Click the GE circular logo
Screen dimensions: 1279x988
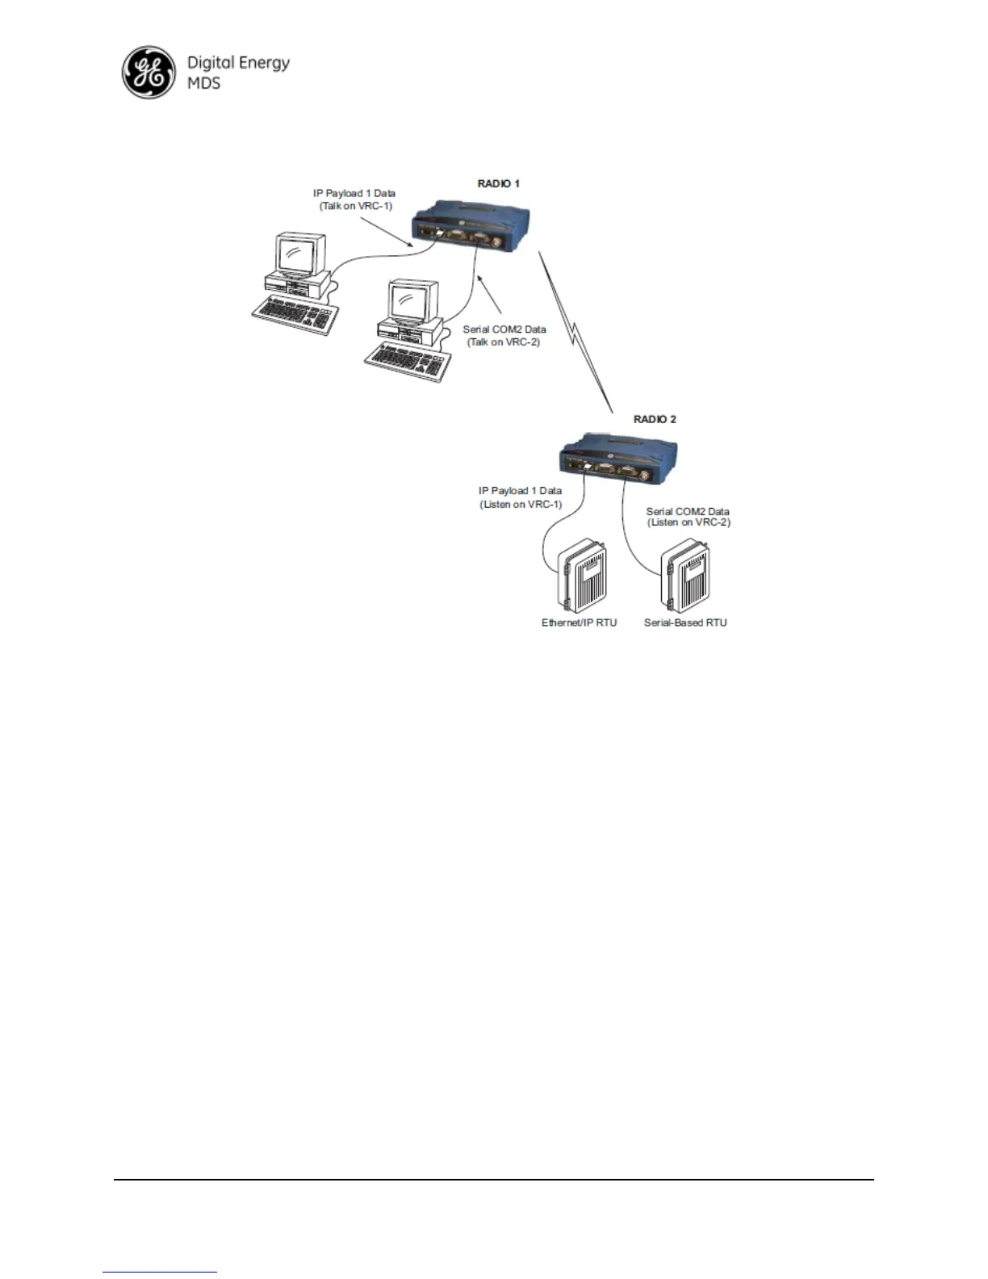coord(148,73)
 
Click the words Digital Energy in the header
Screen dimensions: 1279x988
coord(238,63)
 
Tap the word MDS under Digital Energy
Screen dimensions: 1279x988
coord(203,83)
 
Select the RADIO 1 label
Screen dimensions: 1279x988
coord(498,184)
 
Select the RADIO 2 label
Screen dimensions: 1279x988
coord(655,419)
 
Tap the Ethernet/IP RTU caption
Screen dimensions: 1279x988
coord(579,623)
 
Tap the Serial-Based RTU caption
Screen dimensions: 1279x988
coord(685,623)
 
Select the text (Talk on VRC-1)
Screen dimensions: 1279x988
coord(355,207)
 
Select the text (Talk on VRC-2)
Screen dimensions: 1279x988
coord(504,342)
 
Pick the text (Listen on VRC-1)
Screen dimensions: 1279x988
coord(521,505)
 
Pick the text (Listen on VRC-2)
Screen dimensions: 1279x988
coord(689,522)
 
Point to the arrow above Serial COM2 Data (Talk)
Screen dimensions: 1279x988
coord(491,296)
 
